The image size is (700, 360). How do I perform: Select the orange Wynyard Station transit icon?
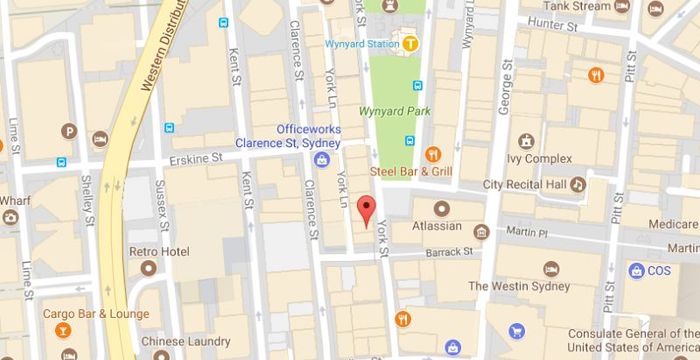(409, 43)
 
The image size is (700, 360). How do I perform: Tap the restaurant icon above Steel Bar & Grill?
(433, 154)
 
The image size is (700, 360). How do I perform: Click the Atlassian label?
(436, 226)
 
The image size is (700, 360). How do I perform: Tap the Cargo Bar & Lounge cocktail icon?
(62, 331)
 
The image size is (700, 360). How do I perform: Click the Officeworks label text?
(309, 130)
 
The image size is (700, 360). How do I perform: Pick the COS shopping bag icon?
(635, 270)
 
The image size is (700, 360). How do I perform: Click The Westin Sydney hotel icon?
(551, 269)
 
